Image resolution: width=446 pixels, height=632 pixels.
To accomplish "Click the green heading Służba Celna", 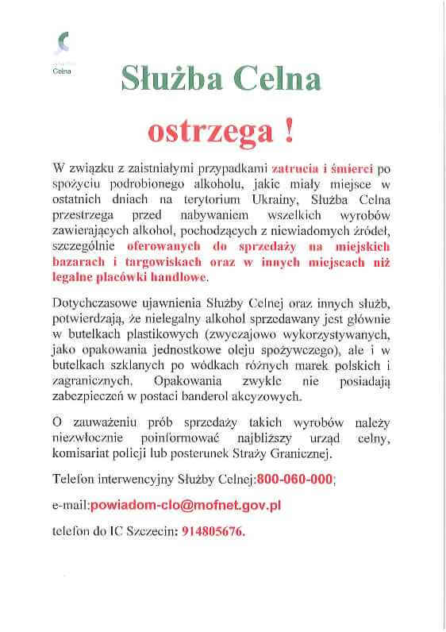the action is coord(221,80).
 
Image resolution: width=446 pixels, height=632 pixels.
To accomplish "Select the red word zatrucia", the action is coord(294,168).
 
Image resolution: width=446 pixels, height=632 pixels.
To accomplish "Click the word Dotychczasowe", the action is coord(94,305).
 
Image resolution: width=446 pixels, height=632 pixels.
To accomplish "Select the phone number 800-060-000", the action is coord(295,480).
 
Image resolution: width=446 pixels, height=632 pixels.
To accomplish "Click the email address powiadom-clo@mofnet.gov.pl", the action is coord(185,505).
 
